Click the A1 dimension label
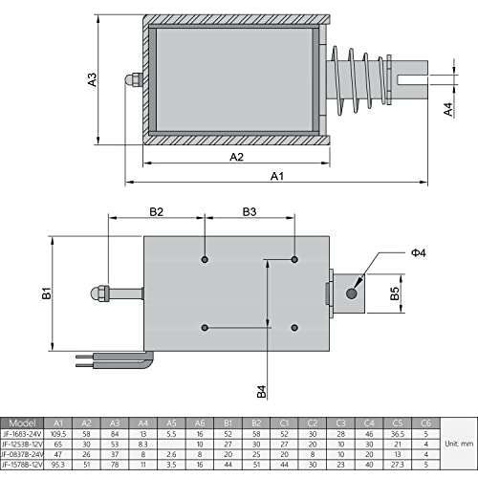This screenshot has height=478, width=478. tap(277, 176)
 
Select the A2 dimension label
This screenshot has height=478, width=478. tap(237, 156)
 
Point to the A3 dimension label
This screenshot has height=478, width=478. tap(93, 80)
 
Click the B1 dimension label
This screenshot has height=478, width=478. tap(46, 295)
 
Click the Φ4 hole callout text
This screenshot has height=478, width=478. tap(417, 252)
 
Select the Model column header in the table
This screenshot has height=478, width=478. tap(24, 421)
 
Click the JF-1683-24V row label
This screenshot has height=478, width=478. tap(24, 433)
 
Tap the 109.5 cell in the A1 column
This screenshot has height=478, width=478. tap(59, 433)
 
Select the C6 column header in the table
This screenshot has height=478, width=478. tap(426, 421)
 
